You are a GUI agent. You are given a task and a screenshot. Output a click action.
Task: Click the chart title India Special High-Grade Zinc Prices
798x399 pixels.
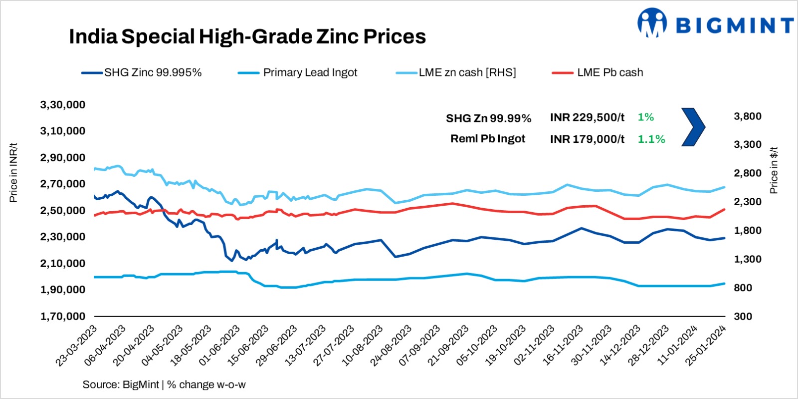[x=247, y=36]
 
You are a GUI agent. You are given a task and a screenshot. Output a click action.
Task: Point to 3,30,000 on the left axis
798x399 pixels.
[x=63, y=105]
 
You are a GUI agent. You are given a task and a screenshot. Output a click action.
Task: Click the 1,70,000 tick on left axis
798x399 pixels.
[x=63, y=316]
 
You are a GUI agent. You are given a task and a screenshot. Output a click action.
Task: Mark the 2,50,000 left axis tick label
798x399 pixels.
[x=63, y=210]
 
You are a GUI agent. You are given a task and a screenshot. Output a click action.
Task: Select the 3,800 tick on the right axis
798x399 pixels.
[x=747, y=116]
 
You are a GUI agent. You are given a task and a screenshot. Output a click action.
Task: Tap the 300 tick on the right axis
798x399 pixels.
[x=743, y=316]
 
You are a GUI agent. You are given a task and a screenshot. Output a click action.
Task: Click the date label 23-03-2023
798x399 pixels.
[x=77, y=346]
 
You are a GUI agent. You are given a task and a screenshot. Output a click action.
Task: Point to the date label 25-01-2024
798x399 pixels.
[x=706, y=346]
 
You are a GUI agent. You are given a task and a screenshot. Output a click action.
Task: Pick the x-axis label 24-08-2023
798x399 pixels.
[x=392, y=346]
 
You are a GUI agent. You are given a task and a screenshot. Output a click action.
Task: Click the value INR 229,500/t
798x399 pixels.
[x=587, y=117]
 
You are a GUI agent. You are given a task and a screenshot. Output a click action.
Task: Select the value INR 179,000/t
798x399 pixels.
[x=587, y=139]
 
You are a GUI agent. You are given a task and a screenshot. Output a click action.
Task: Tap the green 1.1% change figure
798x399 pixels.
[x=651, y=139]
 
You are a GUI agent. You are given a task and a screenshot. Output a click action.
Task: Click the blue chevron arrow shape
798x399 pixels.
[x=693, y=127]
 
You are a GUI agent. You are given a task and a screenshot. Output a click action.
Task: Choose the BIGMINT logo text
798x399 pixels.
[x=734, y=25]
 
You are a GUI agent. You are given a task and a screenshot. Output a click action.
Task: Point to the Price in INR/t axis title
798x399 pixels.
[x=13, y=172]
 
